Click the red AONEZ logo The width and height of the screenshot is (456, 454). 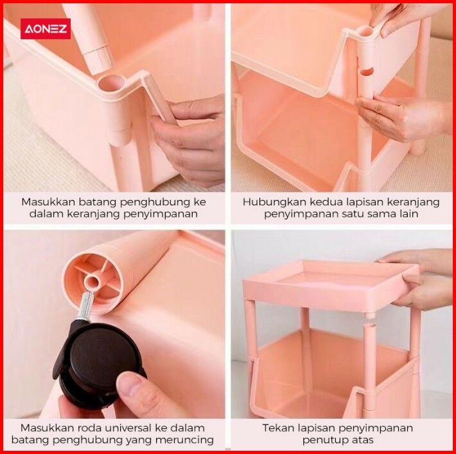coord(46,28)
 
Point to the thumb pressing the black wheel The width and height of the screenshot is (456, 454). coord(136,391)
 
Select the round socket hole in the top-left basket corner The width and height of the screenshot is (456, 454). coord(110,84)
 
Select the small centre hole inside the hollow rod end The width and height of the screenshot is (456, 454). coord(92,282)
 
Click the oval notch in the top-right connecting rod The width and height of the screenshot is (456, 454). coord(366,71)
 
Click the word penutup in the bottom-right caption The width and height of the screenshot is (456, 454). coord(323,440)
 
